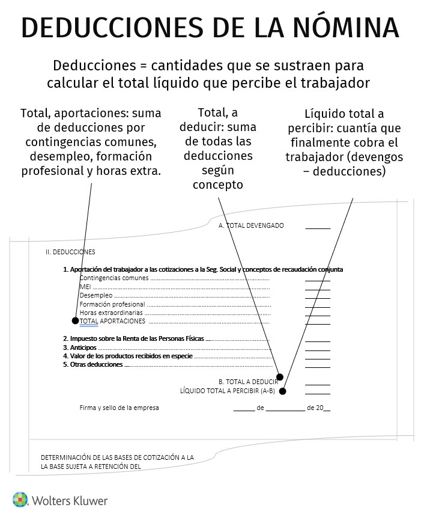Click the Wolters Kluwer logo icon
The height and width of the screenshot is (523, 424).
point(20,500)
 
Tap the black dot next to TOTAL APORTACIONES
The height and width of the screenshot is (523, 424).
point(75,321)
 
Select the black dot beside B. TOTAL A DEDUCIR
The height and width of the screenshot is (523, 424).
point(279,378)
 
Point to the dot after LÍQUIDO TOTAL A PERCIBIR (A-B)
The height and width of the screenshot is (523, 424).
point(282,391)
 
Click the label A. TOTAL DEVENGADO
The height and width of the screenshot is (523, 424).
point(251,226)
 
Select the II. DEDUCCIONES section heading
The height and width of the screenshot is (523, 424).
point(70,252)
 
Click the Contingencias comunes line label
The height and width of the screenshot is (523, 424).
point(114,278)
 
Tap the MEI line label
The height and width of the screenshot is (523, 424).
point(85,287)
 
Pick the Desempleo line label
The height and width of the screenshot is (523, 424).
point(95,295)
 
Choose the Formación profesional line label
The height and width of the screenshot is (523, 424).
point(112,304)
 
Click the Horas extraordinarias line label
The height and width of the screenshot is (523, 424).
point(111,313)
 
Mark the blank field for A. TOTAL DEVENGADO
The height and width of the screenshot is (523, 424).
point(317,228)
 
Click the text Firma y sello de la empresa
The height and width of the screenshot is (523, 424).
point(119,408)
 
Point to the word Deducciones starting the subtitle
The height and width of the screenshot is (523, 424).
point(91,65)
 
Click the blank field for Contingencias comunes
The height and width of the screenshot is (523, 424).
point(317,280)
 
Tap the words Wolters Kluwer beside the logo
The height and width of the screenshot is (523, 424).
point(68,500)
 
